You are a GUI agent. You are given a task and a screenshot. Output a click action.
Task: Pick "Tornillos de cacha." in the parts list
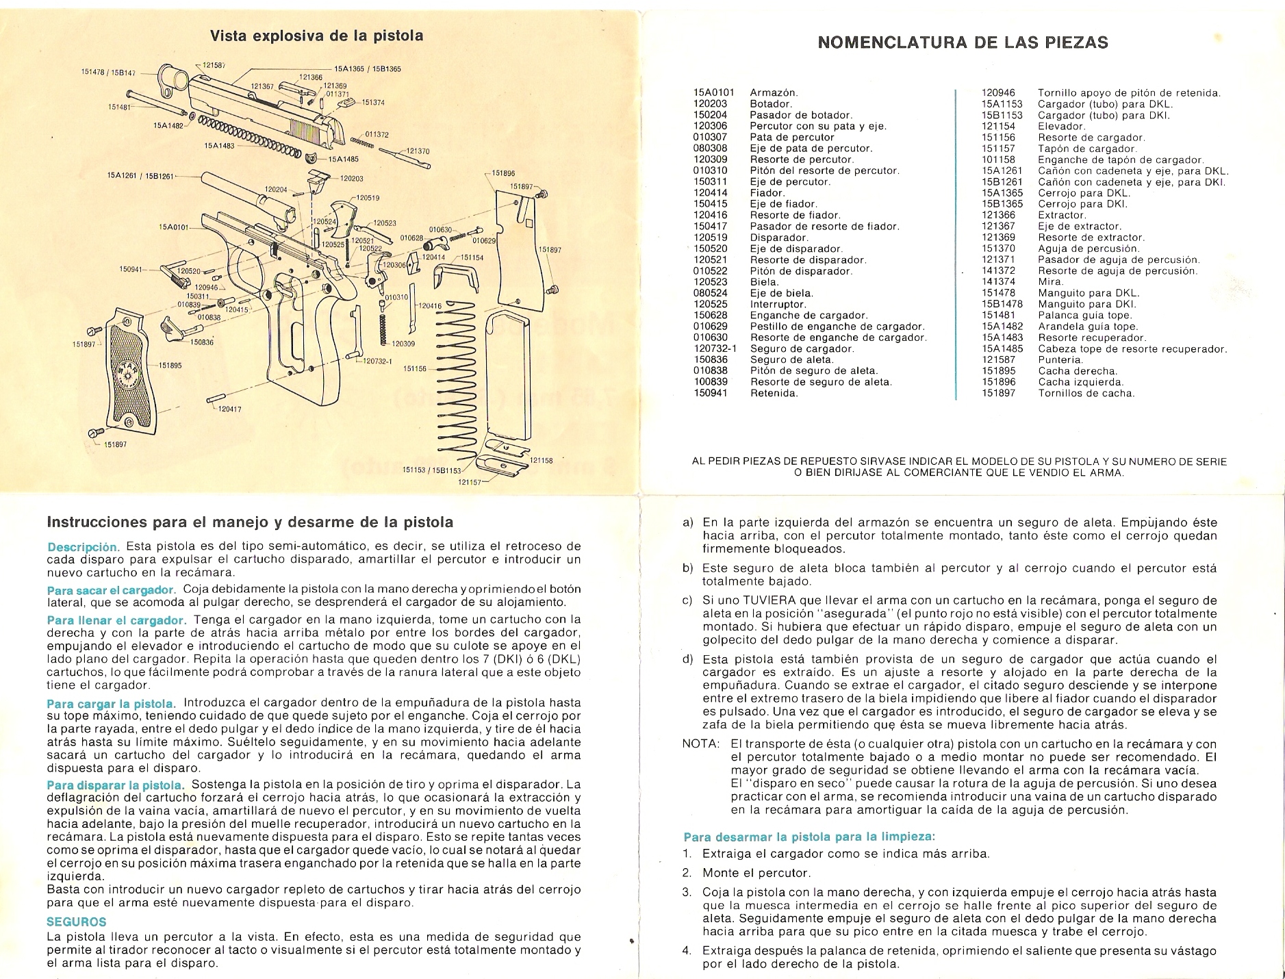click(1086, 393)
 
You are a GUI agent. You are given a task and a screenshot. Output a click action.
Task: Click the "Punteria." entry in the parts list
click(1060, 359)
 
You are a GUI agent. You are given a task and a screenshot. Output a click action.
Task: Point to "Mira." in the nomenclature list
click(1052, 281)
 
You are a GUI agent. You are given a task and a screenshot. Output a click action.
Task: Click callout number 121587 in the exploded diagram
click(215, 64)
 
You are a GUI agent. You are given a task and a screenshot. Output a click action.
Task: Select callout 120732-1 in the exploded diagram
click(377, 361)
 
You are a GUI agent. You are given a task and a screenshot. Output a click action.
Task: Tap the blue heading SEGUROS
click(76, 922)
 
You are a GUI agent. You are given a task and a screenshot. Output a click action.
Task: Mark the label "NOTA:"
click(700, 743)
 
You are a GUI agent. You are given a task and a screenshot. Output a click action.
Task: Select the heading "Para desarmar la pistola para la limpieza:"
click(809, 837)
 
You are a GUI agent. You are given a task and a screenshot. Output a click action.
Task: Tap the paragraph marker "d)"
click(688, 659)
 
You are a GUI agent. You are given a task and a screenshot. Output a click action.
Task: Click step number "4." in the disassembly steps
click(687, 951)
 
